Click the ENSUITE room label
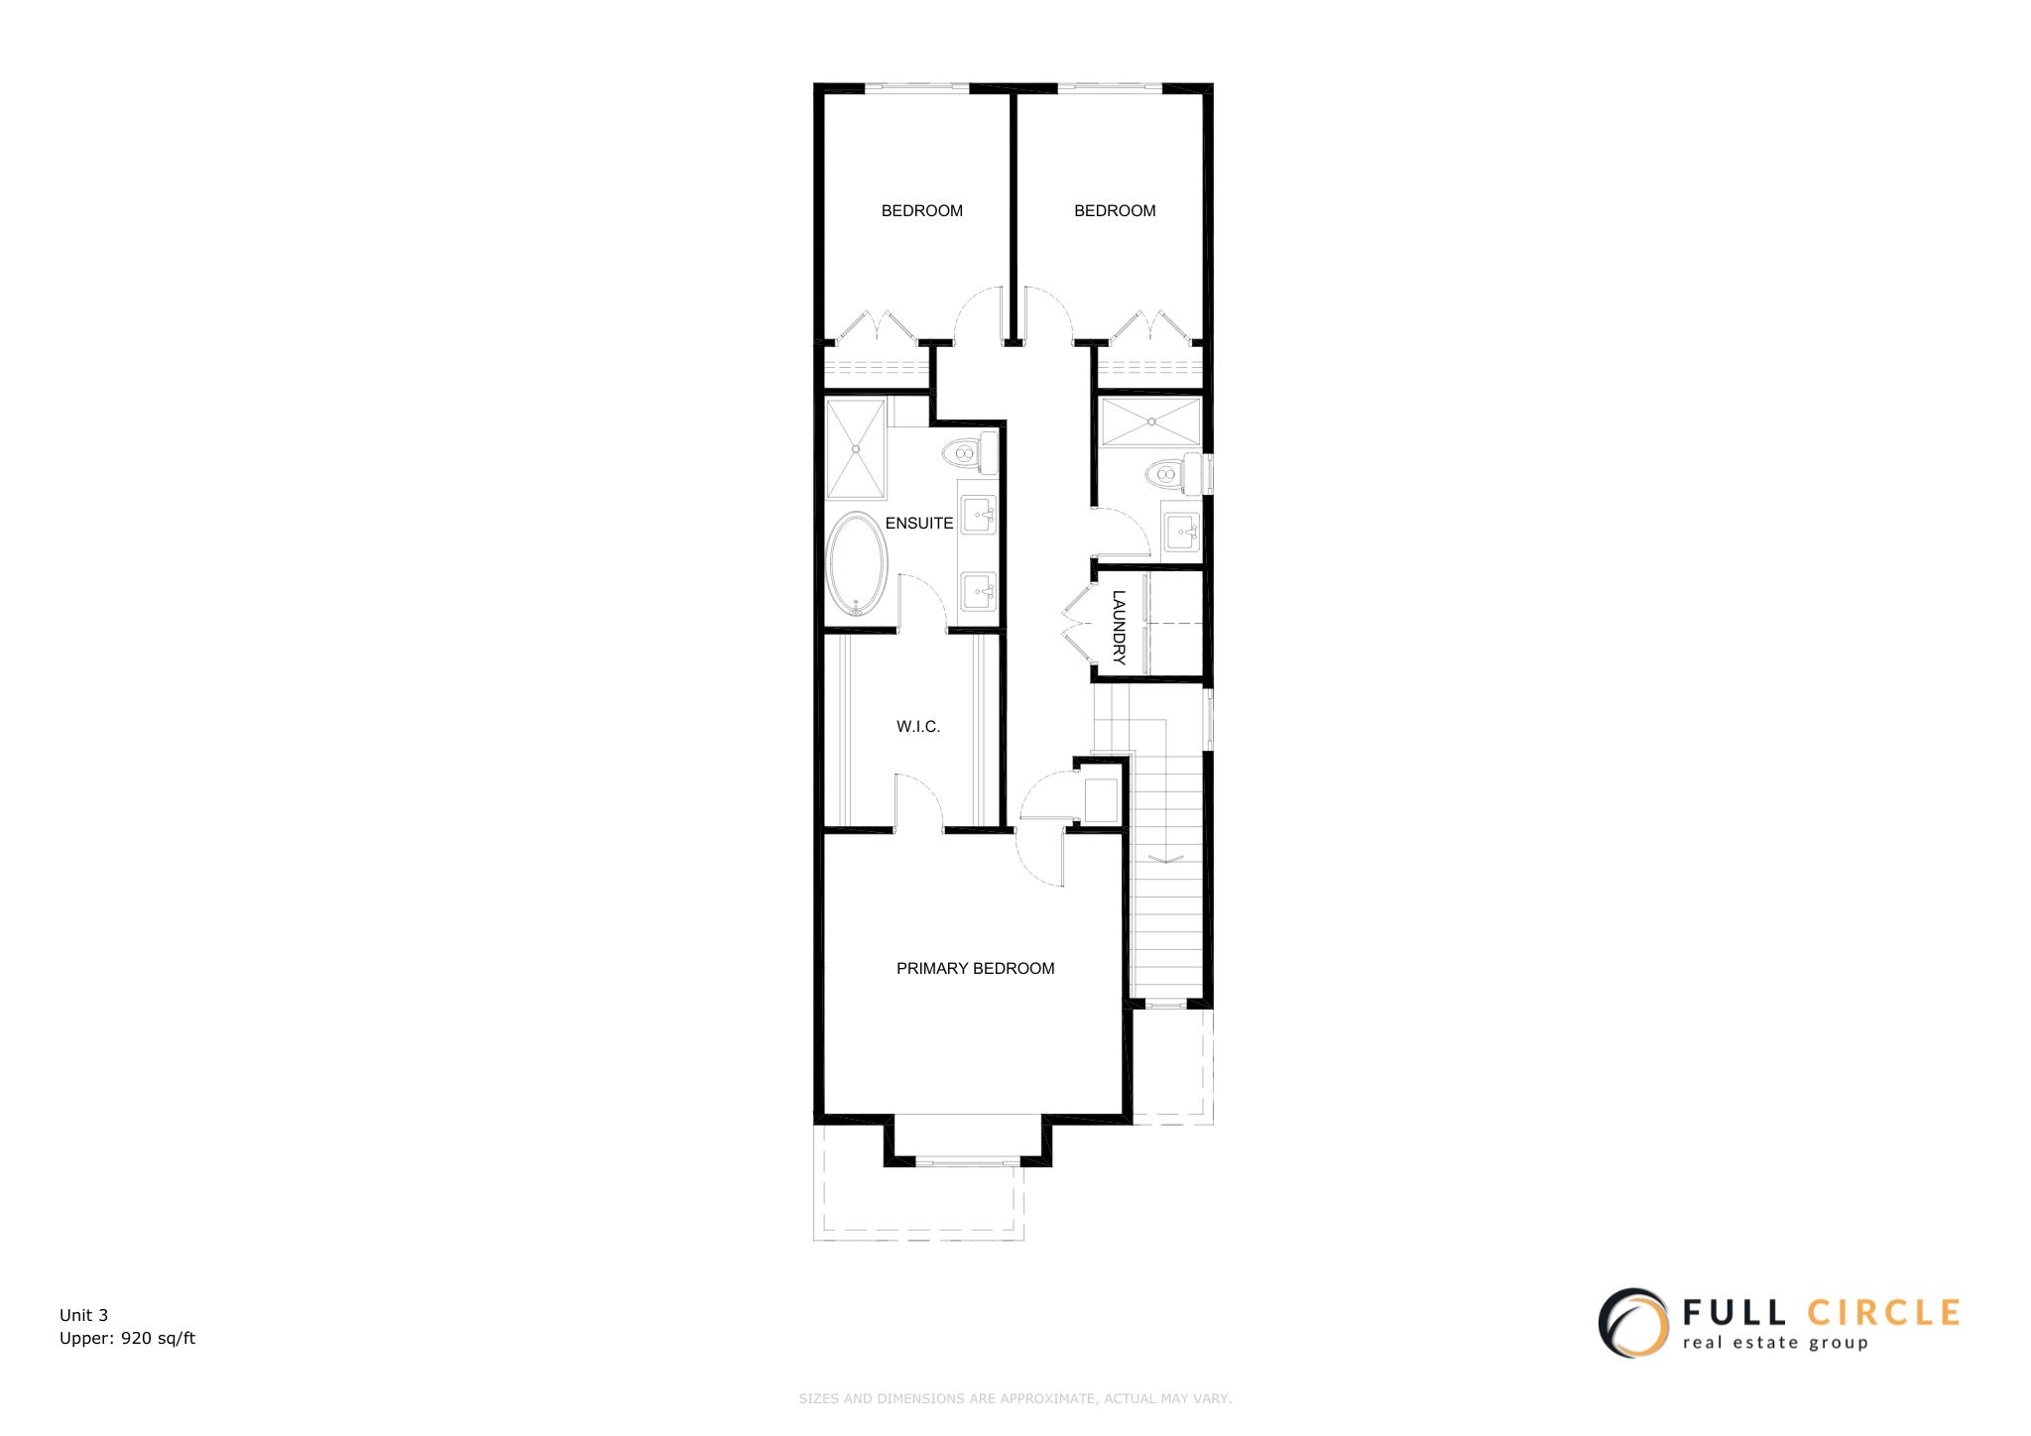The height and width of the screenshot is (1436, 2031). pyautogui.click(x=919, y=524)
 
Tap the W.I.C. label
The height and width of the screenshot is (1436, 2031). pyautogui.click(x=918, y=727)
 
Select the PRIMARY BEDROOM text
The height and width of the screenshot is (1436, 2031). pyautogui.click(x=975, y=969)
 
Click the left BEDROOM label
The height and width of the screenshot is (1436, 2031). pyautogui.click(x=921, y=211)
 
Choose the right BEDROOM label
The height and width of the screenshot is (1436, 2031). pyautogui.click(x=1115, y=211)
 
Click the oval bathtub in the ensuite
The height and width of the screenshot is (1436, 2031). pyautogui.click(x=858, y=564)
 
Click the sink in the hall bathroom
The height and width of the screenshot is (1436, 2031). pyautogui.click(x=1181, y=534)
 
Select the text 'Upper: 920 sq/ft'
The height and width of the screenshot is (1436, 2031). pyautogui.click(x=127, y=1339)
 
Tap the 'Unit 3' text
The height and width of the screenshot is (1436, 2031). pyautogui.click(x=83, y=1316)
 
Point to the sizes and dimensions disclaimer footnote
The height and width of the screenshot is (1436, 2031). pyautogui.click(x=1015, y=1399)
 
